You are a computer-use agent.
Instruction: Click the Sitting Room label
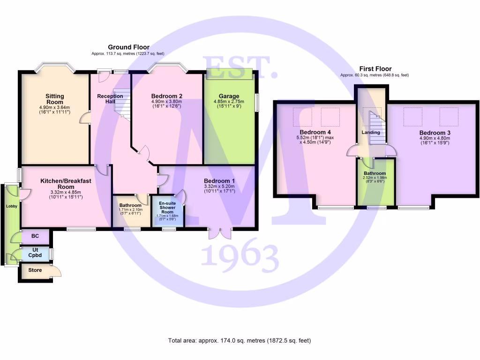[x=55, y=99]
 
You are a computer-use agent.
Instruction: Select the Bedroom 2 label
[x=167, y=96]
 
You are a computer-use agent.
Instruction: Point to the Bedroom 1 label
[x=219, y=181]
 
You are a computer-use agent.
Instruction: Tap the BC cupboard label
[x=35, y=237]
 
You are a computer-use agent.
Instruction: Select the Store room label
[x=35, y=270]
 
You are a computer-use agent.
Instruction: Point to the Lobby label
[x=11, y=206]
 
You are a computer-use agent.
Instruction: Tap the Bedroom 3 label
[x=435, y=133]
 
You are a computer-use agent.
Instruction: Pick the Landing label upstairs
[x=371, y=133]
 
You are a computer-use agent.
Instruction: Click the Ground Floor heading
[x=128, y=47]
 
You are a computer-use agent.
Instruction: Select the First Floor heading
[x=375, y=68]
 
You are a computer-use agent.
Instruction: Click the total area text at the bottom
[x=240, y=341]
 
